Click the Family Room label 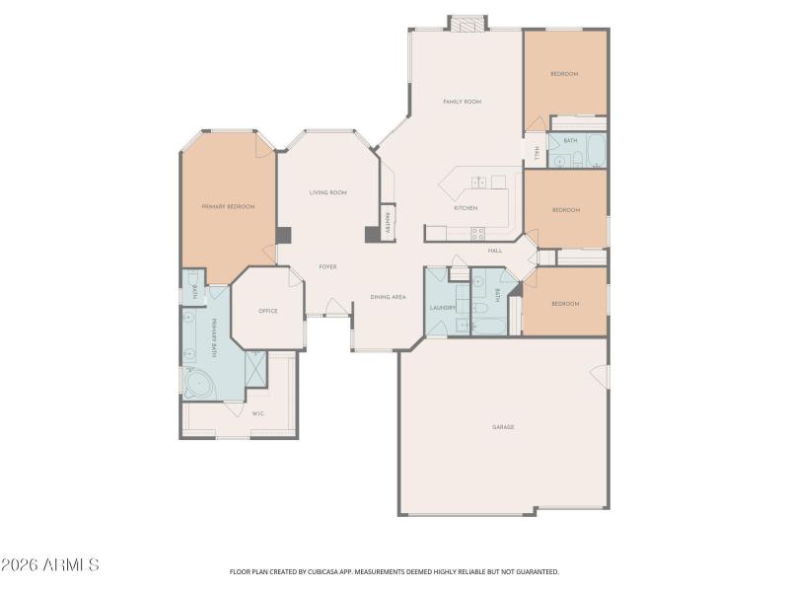462,102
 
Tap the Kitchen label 466,208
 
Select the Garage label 504,427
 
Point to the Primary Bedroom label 228,206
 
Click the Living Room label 327,192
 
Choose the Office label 268,311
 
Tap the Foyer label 327,266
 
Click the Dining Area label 388,297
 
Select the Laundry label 443,307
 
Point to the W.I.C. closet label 258,413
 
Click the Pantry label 389,223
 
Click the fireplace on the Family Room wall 467,23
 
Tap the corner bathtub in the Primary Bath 201,384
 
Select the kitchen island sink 477,183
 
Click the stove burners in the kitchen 478,234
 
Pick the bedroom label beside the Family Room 564,74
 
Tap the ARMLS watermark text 50,565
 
